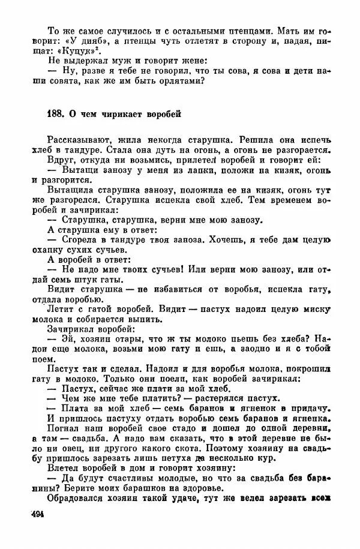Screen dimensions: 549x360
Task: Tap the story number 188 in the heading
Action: point(55,113)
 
